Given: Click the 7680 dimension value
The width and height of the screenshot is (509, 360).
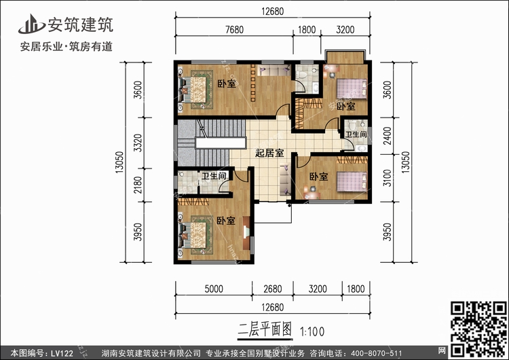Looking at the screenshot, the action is tap(234, 30).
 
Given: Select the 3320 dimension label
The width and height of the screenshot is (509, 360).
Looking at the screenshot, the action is tap(138, 143).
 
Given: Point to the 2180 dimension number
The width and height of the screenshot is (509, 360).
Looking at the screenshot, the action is tap(138, 185).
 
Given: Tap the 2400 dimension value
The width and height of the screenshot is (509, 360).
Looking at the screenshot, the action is tap(388, 136).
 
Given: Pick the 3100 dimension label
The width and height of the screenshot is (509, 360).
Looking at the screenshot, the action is tap(388, 178).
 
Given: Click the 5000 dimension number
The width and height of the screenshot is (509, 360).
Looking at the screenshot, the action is tap(214, 289).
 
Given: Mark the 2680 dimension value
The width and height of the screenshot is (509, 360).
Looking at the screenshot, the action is tap(273, 289).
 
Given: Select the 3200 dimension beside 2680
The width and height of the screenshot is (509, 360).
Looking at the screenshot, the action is tap(318, 289).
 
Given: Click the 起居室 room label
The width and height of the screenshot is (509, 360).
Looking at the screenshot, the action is tap(269, 153).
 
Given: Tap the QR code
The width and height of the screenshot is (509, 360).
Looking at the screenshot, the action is tap(478, 329).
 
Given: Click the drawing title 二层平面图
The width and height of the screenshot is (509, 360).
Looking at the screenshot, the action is tap(265, 330).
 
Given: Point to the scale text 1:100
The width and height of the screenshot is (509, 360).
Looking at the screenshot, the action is tap(312, 331).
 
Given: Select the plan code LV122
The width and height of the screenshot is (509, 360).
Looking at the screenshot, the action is tap(62, 353).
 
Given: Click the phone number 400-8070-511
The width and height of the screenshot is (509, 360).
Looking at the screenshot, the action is tap(375, 353).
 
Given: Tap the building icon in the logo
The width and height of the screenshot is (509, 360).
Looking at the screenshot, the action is tap(31, 24).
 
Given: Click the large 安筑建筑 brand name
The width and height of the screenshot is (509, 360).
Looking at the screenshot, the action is tap(81, 24).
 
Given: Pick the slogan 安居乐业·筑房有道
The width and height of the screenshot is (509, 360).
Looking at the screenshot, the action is tap(67, 47).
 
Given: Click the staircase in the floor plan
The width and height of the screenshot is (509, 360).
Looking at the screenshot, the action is tap(212, 143).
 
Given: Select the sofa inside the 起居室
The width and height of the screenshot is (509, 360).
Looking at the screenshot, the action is tap(285, 180).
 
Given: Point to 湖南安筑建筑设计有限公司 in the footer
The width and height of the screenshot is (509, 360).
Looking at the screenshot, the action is tap(151, 353).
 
